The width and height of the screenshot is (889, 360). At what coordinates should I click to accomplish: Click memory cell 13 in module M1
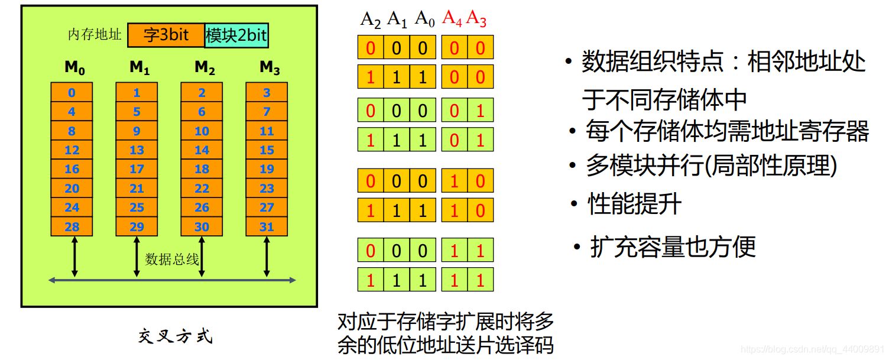[137, 150]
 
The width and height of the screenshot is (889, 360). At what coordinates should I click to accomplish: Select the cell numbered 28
[72, 227]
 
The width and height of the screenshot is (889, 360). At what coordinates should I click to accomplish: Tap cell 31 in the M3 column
[267, 227]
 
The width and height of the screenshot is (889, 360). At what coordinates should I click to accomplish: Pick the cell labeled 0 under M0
[72, 93]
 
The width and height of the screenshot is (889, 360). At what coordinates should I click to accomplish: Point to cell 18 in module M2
[202, 169]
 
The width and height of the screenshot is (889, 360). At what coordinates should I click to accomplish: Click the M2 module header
[204, 68]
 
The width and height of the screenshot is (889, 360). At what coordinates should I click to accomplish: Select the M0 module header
[74, 68]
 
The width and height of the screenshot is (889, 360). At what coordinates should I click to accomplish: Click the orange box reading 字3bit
[166, 35]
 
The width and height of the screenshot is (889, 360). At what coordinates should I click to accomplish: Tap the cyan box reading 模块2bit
[236, 35]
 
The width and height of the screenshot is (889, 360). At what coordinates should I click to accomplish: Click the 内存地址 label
[95, 35]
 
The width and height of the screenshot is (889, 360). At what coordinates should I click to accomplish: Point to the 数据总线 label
[172, 259]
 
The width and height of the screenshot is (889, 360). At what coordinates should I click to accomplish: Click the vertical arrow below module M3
[267, 256]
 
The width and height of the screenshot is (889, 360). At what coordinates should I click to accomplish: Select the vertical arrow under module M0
[74, 256]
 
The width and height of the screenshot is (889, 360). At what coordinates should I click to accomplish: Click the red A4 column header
[452, 19]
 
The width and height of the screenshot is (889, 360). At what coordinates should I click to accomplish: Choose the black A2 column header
[371, 20]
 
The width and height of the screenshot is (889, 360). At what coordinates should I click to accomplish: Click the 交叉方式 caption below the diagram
[175, 337]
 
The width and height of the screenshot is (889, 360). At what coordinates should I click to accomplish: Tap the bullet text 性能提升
[634, 205]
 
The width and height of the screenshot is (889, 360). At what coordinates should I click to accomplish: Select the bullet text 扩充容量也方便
[673, 247]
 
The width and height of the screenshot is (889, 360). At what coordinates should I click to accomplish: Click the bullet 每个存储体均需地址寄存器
[727, 131]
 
